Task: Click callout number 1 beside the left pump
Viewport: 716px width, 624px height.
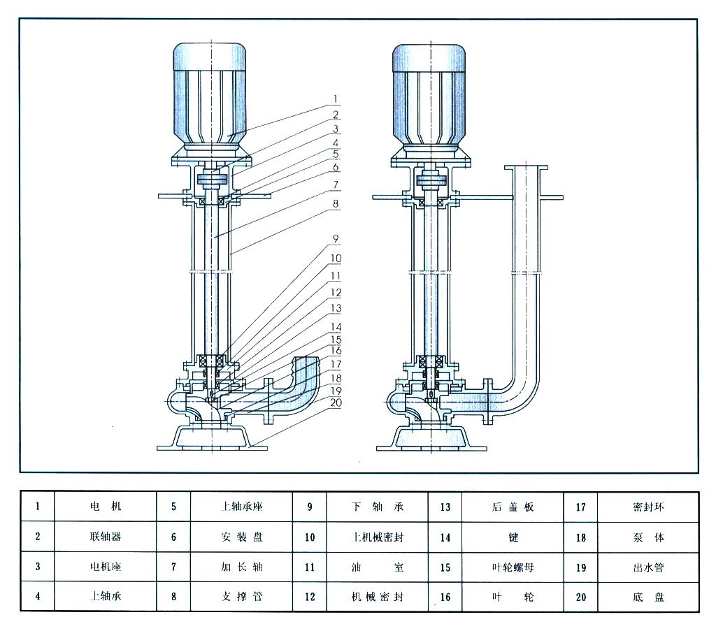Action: pos(335,98)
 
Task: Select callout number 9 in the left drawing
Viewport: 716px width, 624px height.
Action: pos(335,238)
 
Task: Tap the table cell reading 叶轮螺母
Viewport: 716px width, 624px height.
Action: pos(513,567)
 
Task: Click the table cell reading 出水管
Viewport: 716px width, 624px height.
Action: pos(648,567)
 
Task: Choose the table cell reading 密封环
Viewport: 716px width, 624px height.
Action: pos(648,507)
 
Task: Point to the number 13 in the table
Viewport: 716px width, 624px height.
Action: pos(445,507)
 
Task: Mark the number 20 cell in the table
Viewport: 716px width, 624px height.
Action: pos(580,597)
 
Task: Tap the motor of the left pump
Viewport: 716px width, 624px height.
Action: pos(210,94)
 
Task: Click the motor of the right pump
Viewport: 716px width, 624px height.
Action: pos(429,94)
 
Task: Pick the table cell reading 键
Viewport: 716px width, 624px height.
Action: pos(513,537)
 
